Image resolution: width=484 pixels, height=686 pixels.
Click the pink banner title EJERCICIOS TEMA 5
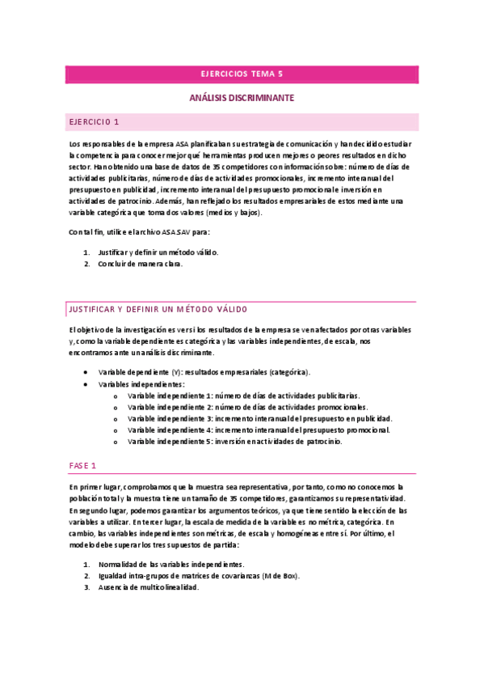(x=242, y=74)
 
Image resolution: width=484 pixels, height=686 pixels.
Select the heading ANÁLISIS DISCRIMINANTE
(x=242, y=98)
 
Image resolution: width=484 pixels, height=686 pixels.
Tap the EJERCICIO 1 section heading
(x=95, y=122)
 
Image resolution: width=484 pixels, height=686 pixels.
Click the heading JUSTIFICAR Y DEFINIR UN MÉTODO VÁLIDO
(x=158, y=310)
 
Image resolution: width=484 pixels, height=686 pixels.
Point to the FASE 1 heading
(x=82, y=466)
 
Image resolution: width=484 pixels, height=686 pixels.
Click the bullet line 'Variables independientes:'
(x=141, y=384)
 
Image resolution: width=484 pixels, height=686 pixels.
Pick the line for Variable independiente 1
(x=243, y=396)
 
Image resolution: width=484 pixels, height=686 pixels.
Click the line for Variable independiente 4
(x=259, y=430)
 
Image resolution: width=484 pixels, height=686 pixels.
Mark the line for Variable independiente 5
(x=234, y=442)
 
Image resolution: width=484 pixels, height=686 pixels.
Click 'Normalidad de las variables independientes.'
(x=170, y=564)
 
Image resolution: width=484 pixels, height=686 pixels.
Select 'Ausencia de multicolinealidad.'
(x=148, y=587)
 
